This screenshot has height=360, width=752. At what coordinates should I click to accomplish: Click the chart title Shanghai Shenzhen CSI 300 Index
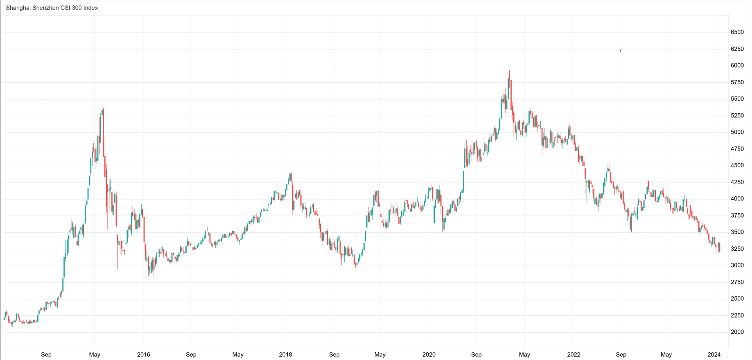52,8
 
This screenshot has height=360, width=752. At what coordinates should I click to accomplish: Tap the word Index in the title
90,8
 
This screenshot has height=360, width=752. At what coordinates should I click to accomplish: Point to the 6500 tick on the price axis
737,32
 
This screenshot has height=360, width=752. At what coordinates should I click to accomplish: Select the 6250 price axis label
737,49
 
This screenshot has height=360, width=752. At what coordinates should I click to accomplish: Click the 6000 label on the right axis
737,65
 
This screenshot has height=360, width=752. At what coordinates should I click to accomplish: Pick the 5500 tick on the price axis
737,99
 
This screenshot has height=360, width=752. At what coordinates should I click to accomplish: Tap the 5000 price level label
737,132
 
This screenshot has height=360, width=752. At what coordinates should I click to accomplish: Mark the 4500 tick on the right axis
737,166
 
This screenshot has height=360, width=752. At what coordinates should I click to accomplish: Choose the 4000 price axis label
737,199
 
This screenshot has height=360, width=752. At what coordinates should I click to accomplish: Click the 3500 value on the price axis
737,232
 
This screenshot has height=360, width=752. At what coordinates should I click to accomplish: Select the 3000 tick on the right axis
737,265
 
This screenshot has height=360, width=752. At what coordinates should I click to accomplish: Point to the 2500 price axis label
737,299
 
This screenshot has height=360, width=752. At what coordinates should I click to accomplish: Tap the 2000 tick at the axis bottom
737,332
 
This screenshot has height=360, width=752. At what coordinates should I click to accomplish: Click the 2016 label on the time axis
144,355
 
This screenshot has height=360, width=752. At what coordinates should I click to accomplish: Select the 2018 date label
285,355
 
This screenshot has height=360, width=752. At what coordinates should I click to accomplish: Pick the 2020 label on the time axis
429,355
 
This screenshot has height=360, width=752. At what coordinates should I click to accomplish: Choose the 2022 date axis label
574,355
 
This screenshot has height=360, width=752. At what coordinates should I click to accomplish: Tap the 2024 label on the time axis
714,355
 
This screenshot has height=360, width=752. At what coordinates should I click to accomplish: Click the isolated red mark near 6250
621,51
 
